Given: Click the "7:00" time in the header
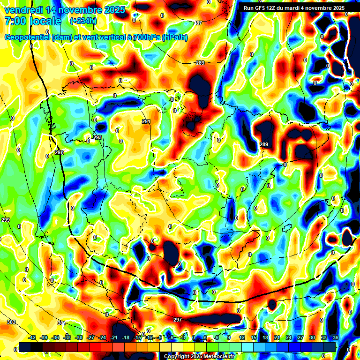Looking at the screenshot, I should coord(14,21).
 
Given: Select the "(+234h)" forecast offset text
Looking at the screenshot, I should coord(83,21).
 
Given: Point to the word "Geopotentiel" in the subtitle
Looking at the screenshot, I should coord(28,37).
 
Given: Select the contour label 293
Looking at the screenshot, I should coord(97,138).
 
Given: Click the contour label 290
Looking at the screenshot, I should coord(59,153).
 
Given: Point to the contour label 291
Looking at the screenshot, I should coord(146,121).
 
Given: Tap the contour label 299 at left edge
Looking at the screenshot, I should coord(6,220).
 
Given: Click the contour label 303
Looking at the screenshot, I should coord(11,322).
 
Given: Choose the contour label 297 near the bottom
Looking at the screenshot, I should coord(177,320).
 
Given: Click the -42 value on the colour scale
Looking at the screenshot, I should coord(32,337).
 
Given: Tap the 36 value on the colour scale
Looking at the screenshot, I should coord(336,337).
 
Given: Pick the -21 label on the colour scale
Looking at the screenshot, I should coord(114,337).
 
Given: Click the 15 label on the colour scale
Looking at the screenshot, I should coord(254,337).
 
